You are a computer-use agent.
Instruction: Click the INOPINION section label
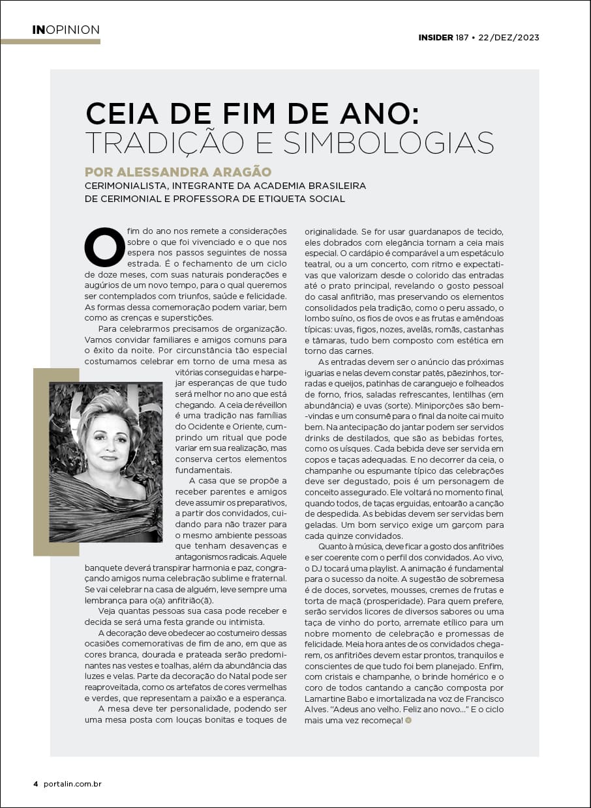coord(66,30)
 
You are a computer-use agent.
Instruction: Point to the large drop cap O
coord(104,247)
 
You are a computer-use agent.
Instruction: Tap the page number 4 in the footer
coord(36,784)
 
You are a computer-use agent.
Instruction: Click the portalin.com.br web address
coord(72,784)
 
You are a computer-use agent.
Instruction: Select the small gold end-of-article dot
coord(408,720)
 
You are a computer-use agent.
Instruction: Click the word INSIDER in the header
coord(436,38)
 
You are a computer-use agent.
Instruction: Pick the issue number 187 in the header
coord(462,38)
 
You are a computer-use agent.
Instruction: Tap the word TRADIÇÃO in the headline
coord(170,143)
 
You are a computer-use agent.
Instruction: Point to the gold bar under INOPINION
coord(50,42)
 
